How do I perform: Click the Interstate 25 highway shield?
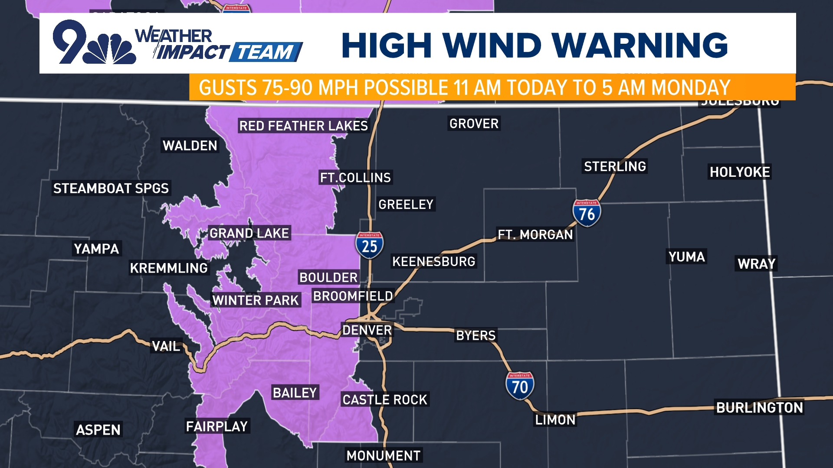click(369, 245)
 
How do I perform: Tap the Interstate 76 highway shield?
click(587, 213)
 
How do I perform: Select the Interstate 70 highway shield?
click(520, 386)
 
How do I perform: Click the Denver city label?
click(367, 330)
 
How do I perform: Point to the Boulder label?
click(328, 277)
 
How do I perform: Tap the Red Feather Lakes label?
click(303, 126)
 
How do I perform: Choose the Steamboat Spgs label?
click(111, 188)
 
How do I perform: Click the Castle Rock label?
click(385, 400)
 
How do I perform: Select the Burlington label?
click(759, 407)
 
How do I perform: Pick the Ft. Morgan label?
click(535, 234)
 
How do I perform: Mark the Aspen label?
click(98, 429)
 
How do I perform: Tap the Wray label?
click(756, 263)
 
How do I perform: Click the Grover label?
click(474, 123)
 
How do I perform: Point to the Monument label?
click(383, 455)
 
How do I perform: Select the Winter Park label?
click(255, 300)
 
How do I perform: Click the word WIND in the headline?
click(492, 45)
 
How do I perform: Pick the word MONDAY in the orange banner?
click(691, 88)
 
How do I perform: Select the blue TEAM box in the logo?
click(266, 52)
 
